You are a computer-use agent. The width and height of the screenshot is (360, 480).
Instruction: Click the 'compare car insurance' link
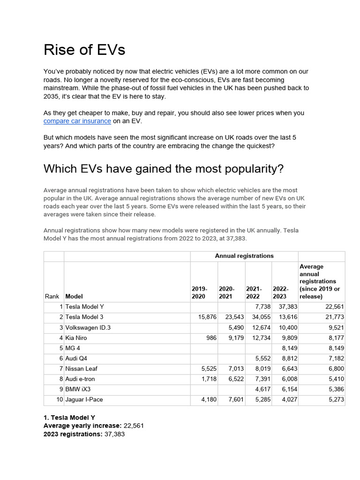(x=77, y=121)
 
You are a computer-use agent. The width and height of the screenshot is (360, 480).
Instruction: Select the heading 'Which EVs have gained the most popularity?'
(x=164, y=169)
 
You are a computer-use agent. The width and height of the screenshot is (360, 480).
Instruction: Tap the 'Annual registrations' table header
(x=244, y=256)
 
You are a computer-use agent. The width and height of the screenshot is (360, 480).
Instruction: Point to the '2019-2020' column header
(x=199, y=292)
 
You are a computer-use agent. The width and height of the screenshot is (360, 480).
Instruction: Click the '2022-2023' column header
(x=281, y=292)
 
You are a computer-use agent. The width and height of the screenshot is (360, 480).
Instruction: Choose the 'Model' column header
(x=74, y=296)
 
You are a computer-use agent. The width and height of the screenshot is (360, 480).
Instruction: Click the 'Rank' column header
(x=52, y=296)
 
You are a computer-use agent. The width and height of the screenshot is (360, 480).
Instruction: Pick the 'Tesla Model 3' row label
(x=84, y=317)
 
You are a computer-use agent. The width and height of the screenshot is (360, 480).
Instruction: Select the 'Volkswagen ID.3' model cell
(x=88, y=328)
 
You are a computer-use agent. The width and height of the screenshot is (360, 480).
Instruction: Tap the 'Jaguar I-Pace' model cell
(x=84, y=400)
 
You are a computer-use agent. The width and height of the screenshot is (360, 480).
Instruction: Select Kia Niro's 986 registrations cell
(x=210, y=338)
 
